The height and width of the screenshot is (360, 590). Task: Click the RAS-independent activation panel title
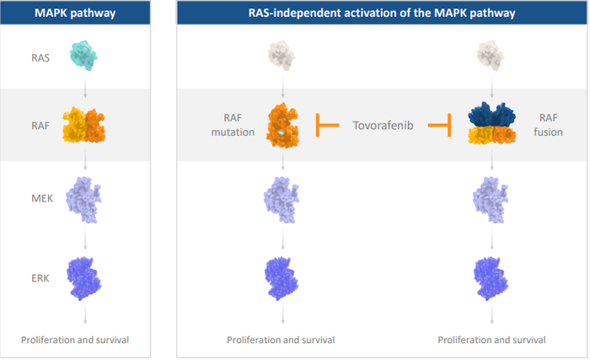coord(381,13)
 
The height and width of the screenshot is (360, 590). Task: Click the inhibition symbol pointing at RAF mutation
coord(326,126)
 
